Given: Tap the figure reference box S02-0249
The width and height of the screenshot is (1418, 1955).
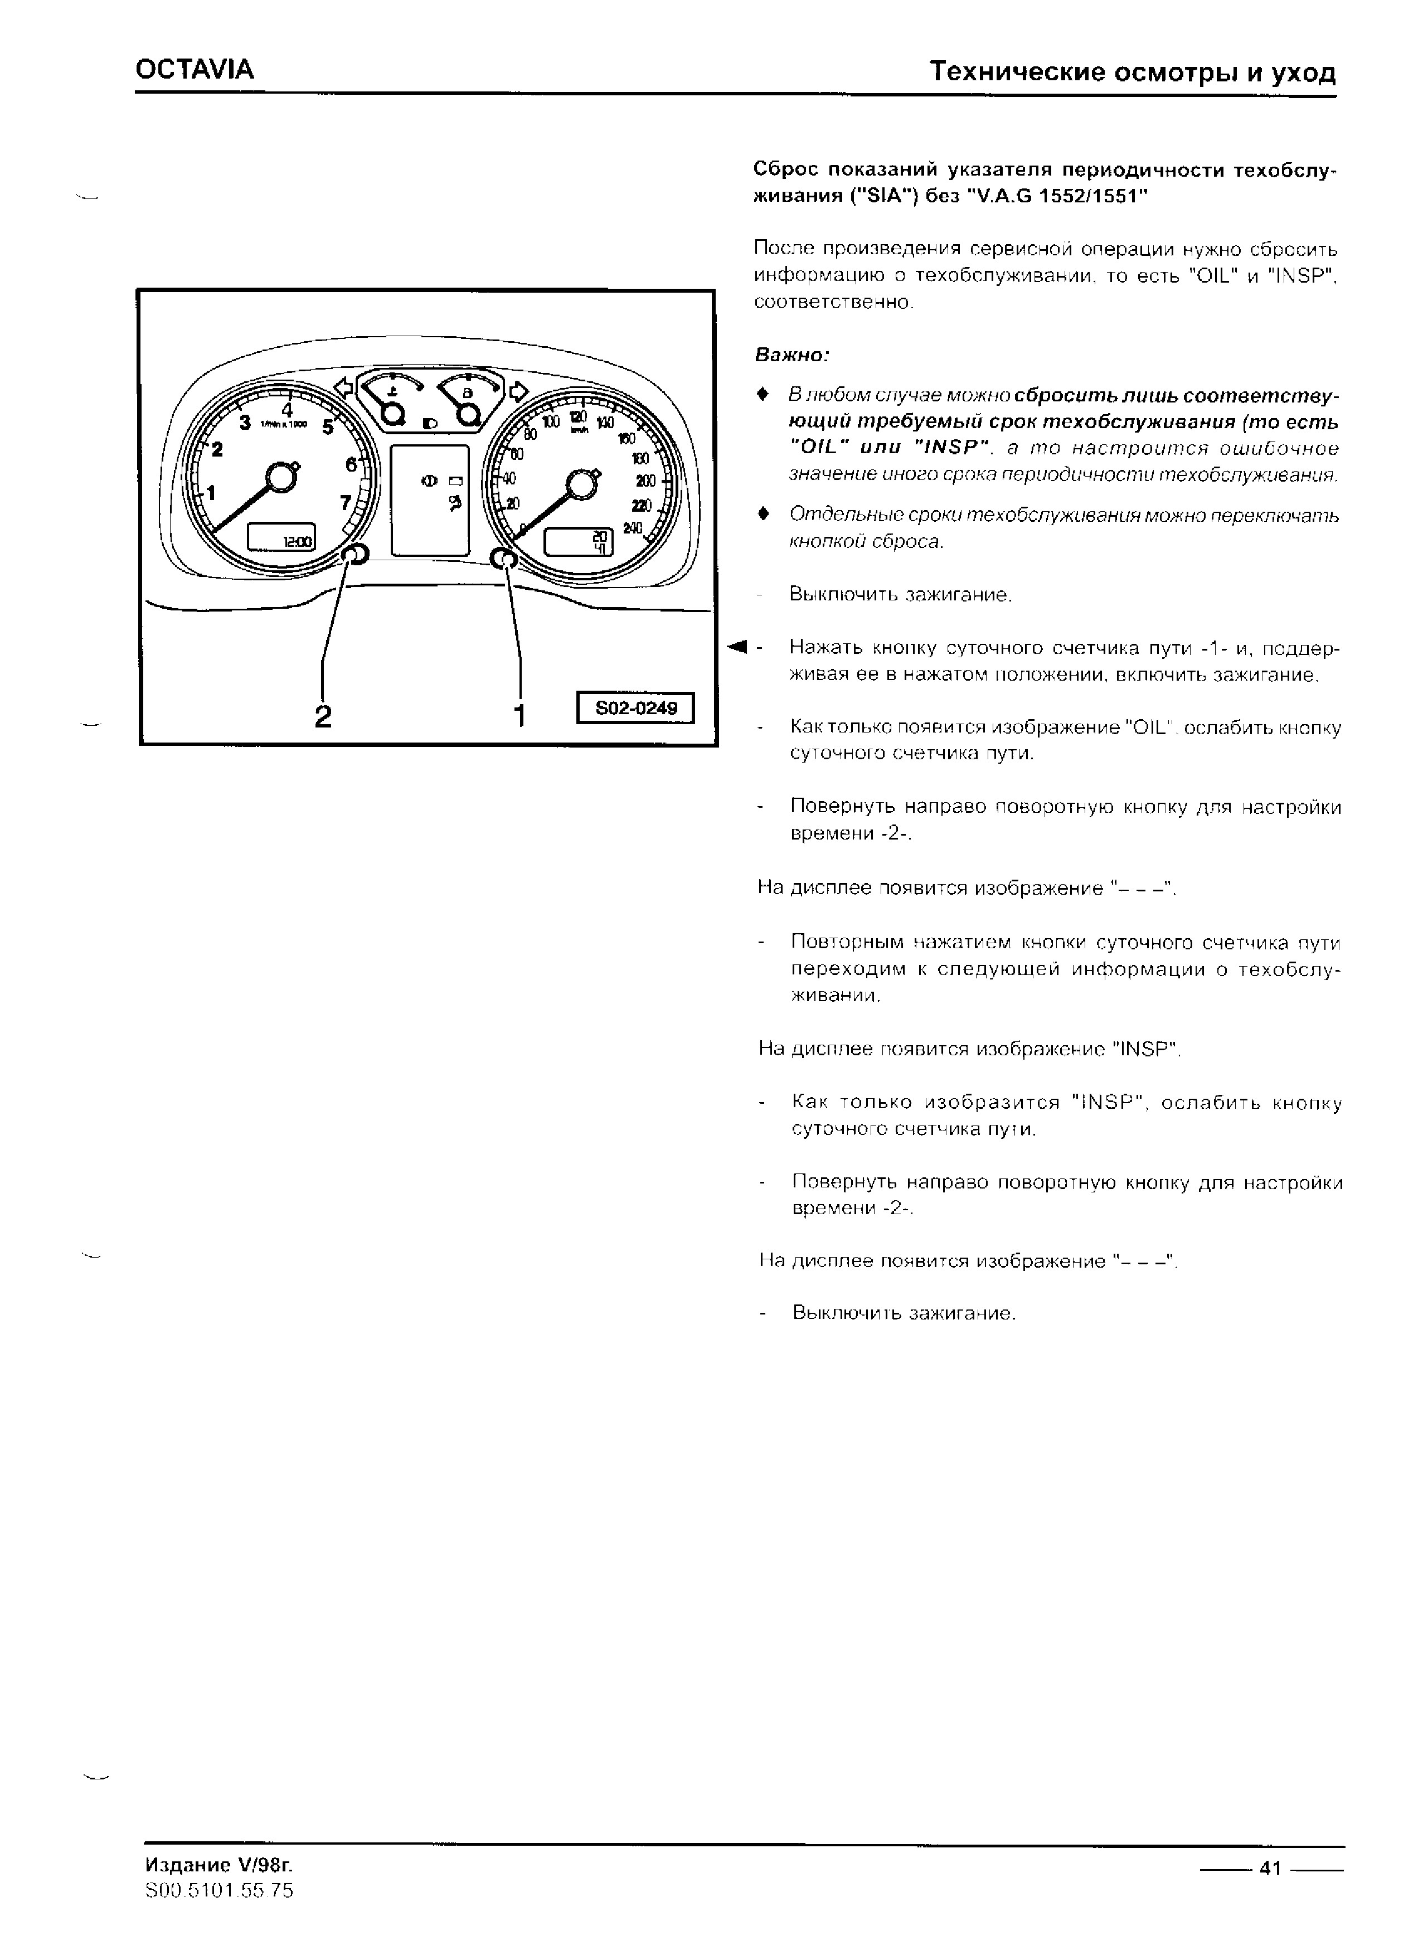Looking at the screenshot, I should pos(636,709).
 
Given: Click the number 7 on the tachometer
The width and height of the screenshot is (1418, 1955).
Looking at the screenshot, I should pos(346,502).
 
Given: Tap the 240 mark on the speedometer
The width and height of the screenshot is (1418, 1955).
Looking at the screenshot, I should pos(633,528).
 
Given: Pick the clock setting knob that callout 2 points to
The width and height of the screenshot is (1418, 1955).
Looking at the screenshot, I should pos(356,556).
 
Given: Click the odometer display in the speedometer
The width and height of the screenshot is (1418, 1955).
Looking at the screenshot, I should pos(577,542).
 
